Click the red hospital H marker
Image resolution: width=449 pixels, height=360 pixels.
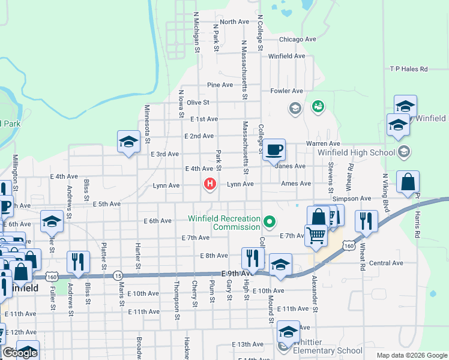(209, 184)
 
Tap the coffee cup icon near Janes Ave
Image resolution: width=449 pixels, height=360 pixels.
(274, 150)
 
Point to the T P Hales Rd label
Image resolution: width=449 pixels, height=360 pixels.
(409, 69)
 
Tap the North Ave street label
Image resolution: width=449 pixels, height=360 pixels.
(234, 22)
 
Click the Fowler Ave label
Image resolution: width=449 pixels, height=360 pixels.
(286, 91)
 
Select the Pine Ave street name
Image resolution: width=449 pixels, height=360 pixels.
(220, 85)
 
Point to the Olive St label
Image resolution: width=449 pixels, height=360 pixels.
(197, 103)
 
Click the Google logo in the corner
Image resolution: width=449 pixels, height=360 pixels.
(19, 353)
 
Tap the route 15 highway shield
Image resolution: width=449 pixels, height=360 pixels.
(117, 275)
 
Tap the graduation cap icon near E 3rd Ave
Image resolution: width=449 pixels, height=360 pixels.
(128, 142)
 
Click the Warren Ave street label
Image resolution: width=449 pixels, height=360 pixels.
(323, 144)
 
